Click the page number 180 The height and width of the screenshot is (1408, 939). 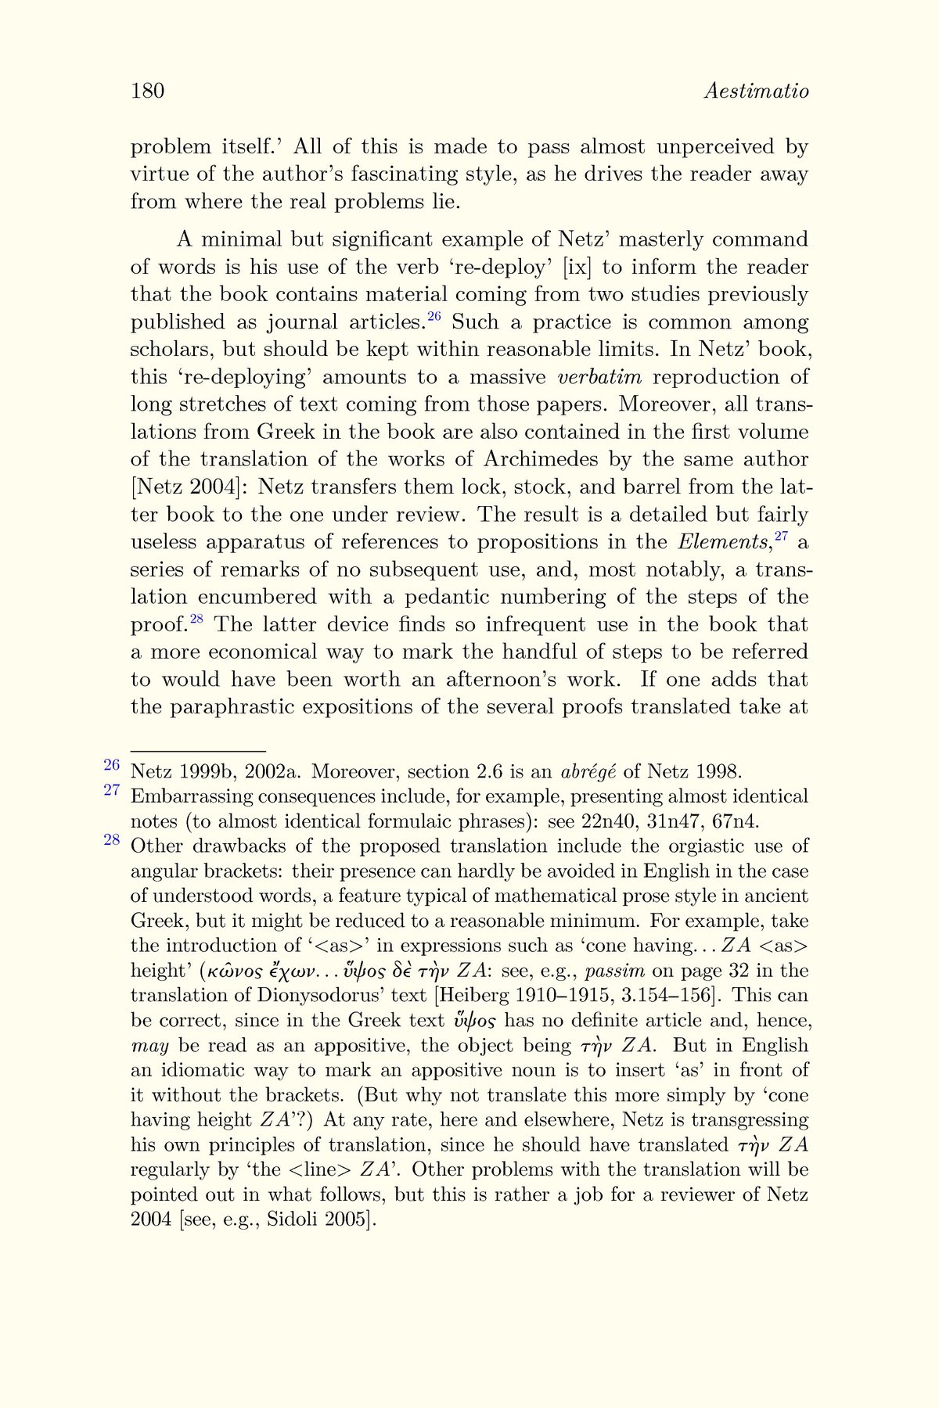click(x=147, y=92)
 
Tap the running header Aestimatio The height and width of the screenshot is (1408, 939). click(x=756, y=92)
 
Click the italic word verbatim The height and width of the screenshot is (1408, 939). click(x=599, y=377)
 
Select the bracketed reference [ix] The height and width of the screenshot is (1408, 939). click(x=577, y=267)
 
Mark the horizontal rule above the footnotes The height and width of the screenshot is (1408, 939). click(x=198, y=751)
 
